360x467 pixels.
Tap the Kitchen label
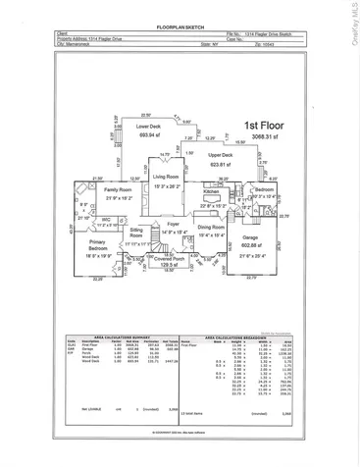[x=212, y=193]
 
